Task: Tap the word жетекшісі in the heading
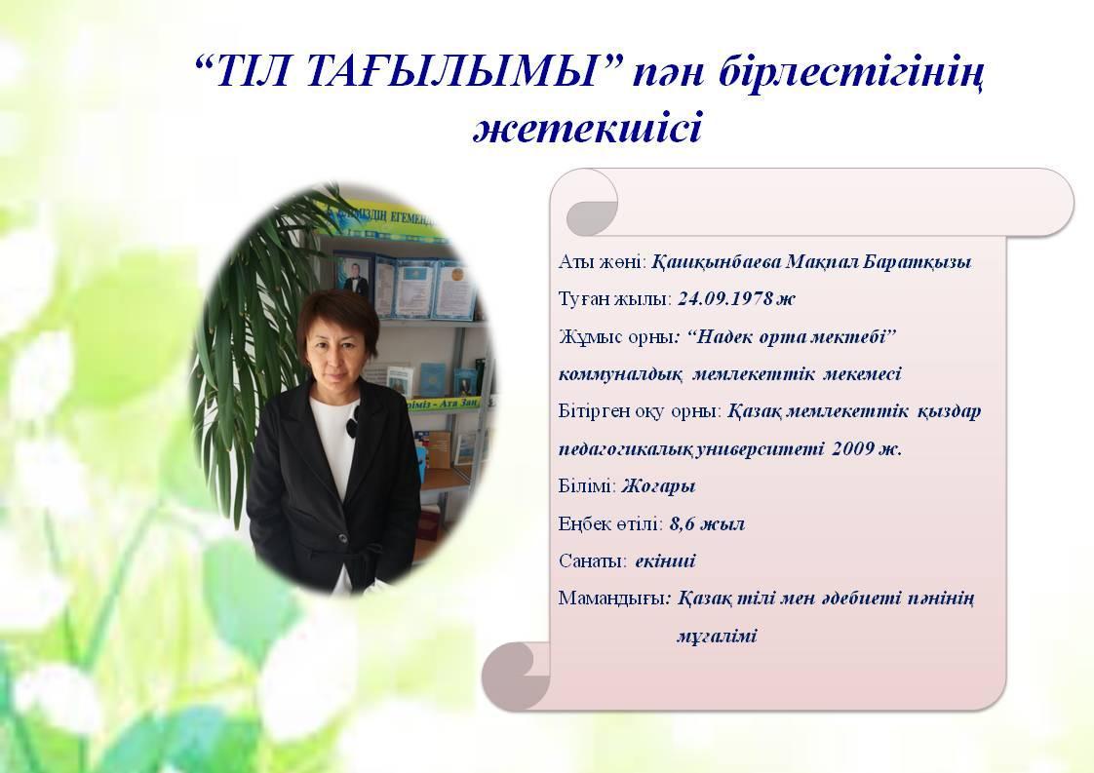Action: point(588,130)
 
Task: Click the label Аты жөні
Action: point(603,262)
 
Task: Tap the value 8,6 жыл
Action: point(707,523)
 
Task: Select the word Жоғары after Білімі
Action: point(658,486)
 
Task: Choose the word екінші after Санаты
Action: point(666,561)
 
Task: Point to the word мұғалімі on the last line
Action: point(717,637)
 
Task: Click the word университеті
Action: point(762,449)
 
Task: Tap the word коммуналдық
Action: point(620,374)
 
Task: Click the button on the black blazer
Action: point(342,537)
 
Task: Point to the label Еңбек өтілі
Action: point(610,523)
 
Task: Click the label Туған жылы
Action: point(614,299)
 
